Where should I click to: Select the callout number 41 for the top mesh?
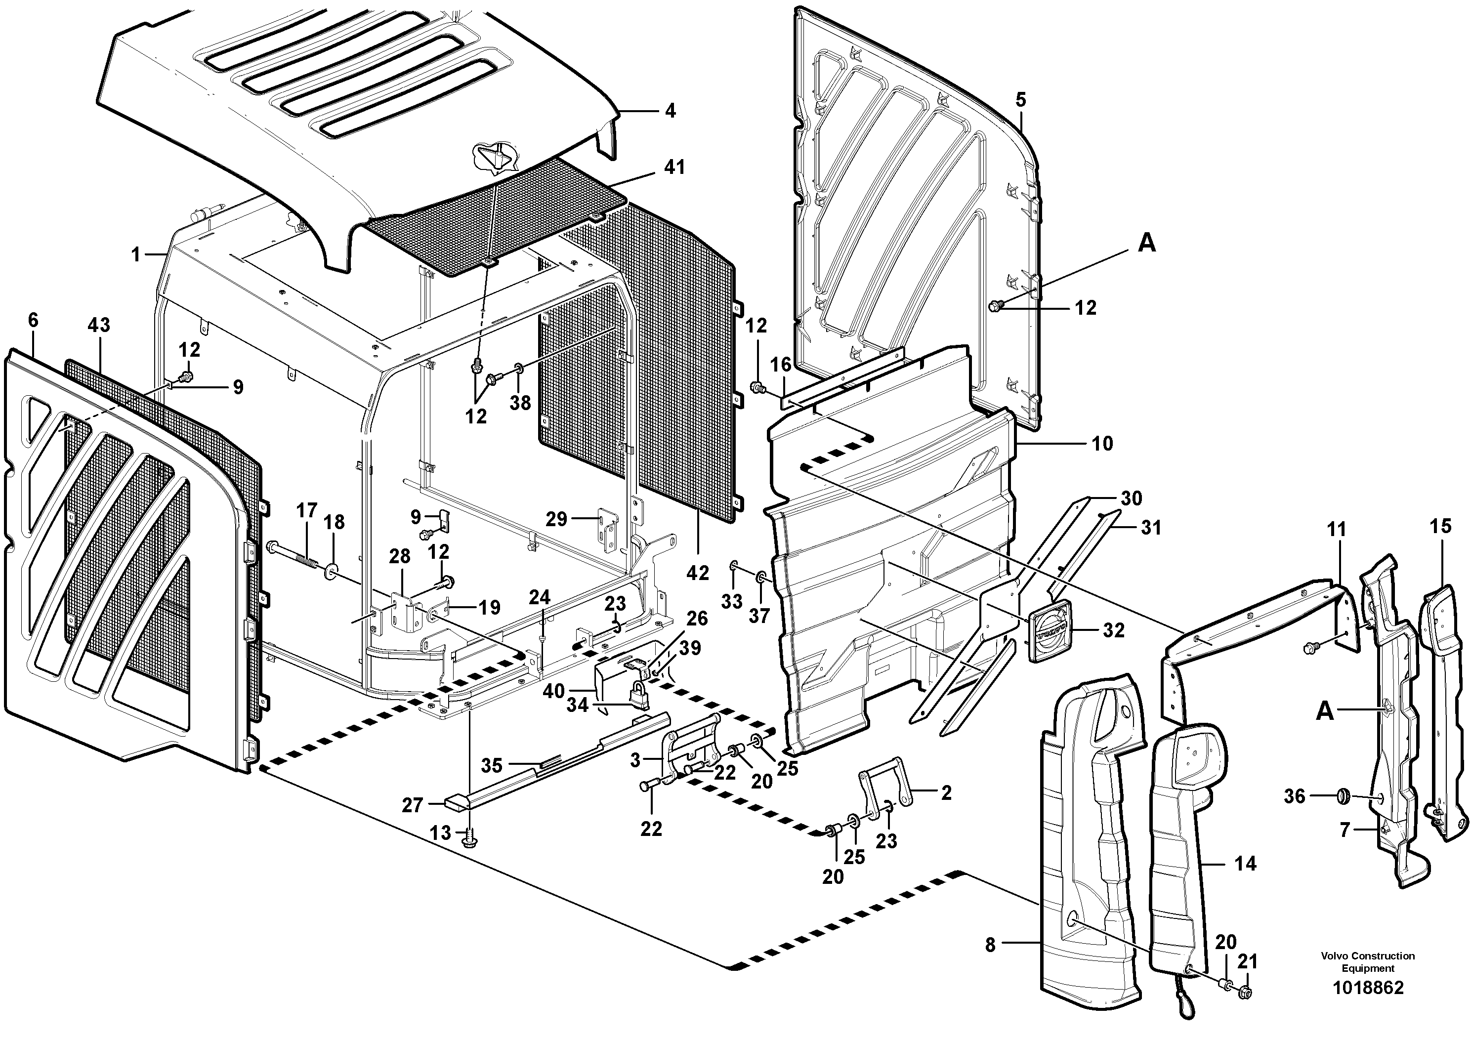coord(674,168)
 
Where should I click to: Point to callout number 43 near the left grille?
coord(99,326)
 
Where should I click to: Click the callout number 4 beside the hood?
coord(670,112)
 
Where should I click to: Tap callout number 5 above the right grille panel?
coord(1020,100)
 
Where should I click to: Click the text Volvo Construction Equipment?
coord(1367,962)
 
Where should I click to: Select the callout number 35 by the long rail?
coord(492,765)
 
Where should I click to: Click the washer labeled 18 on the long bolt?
coord(332,569)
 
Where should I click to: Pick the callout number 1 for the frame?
coord(136,255)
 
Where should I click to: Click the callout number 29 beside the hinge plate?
coord(557,519)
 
